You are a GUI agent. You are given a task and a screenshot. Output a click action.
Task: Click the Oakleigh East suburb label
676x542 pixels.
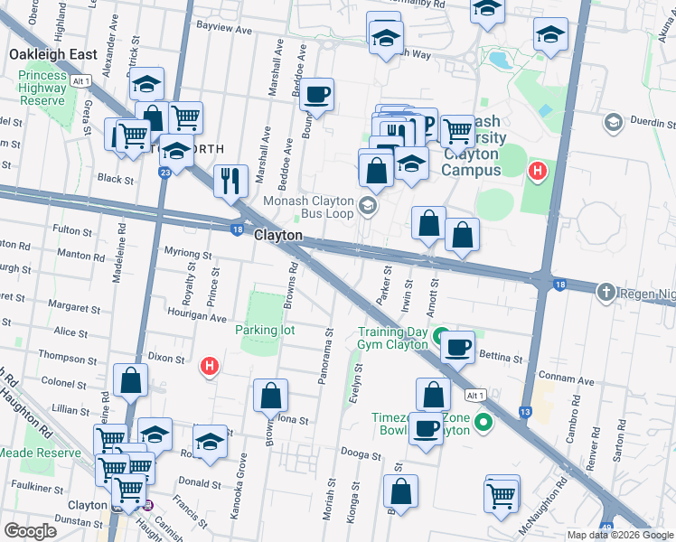(53, 55)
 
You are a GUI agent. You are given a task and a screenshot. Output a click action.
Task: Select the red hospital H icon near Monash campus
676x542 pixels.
(538, 170)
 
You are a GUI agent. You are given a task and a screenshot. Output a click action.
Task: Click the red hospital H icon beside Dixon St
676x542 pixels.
(210, 367)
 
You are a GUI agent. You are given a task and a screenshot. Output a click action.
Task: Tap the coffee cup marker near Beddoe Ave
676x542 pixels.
(317, 94)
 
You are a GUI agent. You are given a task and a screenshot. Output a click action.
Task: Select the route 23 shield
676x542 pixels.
(165, 172)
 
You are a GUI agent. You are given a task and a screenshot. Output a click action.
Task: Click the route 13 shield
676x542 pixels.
(525, 411)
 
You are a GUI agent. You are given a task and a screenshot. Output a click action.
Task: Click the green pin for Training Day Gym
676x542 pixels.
(441, 341)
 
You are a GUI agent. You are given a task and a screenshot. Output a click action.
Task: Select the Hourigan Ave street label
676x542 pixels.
(196, 318)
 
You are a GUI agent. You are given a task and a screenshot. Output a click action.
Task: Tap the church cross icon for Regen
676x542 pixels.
(606, 291)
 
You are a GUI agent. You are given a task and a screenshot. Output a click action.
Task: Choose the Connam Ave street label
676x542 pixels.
(566, 380)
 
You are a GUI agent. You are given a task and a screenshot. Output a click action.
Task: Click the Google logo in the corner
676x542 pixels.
(30, 531)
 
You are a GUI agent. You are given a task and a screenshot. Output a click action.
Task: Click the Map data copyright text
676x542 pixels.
(619, 535)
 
